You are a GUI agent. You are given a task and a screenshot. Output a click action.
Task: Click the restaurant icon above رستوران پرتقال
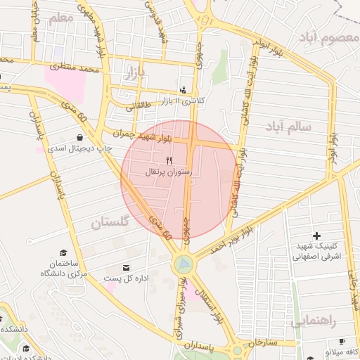tap(168, 161)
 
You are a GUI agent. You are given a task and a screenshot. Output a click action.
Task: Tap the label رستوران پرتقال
tap(168, 172)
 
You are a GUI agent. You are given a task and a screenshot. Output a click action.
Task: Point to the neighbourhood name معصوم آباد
tap(327, 36)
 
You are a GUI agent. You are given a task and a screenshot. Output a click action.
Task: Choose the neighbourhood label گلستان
tap(110, 224)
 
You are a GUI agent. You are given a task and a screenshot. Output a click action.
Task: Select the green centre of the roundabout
tap(183, 264)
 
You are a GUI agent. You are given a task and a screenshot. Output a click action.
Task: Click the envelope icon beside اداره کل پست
tap(127, 268)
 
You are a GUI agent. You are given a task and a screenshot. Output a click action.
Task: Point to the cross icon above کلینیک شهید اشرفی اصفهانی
tap(316, 236)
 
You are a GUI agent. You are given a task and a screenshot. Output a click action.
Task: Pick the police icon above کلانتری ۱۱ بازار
tap(184, 90)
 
